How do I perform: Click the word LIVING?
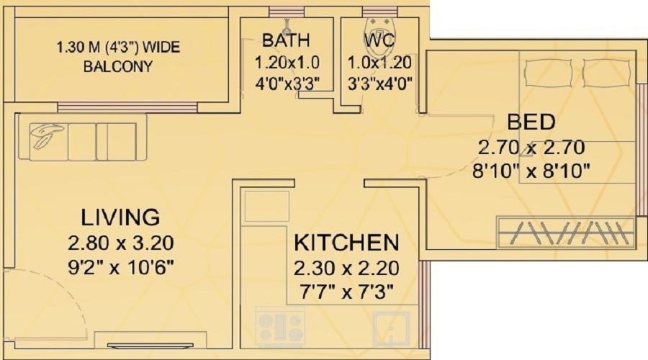120,217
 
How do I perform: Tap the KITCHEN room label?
346,242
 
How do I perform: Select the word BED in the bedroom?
531,120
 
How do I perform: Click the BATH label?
287,40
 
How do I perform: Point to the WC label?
379,40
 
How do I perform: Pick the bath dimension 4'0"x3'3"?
287,81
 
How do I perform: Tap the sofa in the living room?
83,141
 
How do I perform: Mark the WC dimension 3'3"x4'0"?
379,81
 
